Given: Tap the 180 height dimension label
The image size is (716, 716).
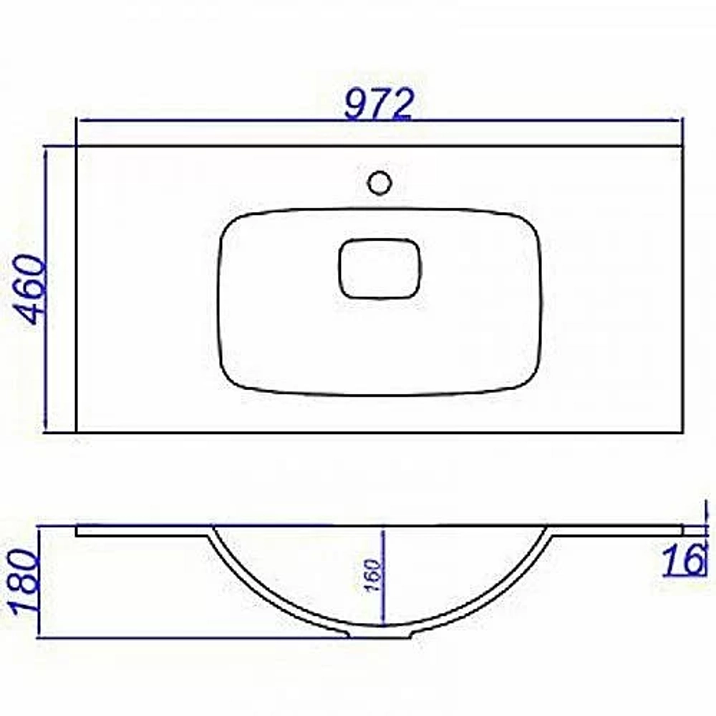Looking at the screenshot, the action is [x=23, y=581].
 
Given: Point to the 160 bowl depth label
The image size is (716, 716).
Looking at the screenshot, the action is [x=373, y=576].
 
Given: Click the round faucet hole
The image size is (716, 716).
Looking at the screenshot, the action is [x=379, y=182].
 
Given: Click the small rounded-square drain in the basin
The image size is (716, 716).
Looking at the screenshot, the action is [x=379, y=268].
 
